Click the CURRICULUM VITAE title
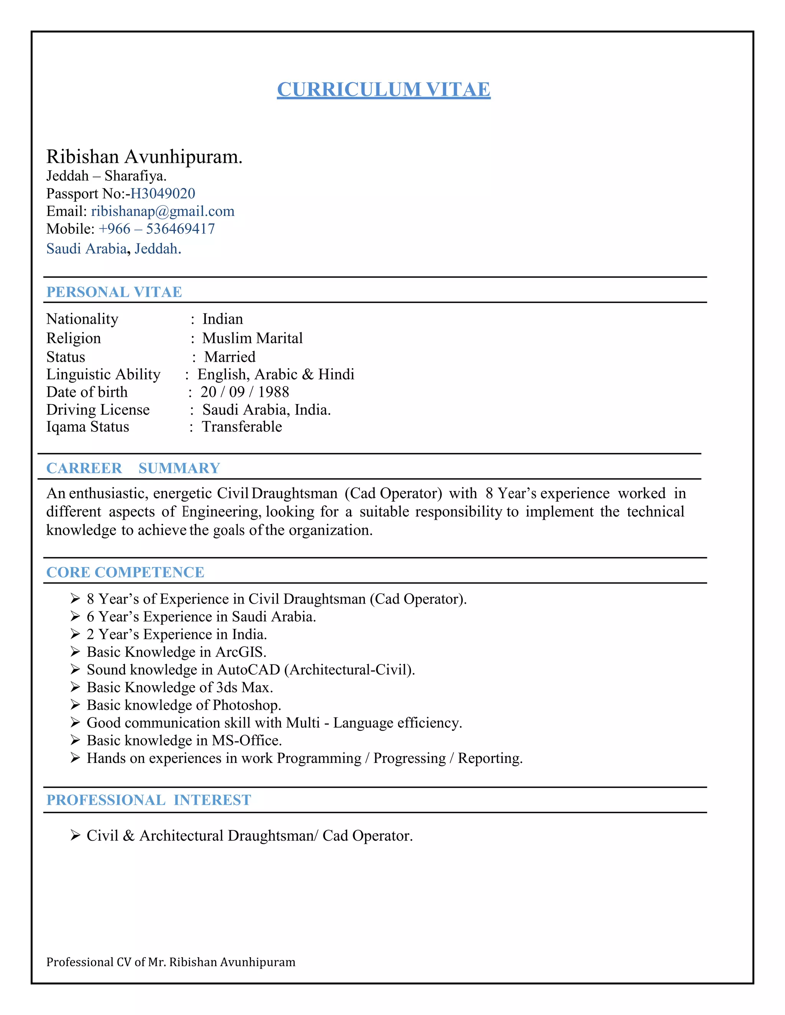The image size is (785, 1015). point(384,89)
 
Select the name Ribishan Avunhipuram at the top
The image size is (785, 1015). point(144,157)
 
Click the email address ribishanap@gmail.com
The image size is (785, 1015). point(163,211)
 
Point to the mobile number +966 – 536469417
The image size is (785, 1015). point(157,229)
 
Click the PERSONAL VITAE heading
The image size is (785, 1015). point(114,292)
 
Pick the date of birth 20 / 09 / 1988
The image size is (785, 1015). point(245,392)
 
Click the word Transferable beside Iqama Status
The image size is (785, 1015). point(242,427)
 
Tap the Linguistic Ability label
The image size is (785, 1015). point(103,374)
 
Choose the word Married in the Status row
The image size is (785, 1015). point(230,357)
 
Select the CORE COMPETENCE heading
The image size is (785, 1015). point(125,572)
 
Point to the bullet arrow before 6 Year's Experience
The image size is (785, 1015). point(76,616)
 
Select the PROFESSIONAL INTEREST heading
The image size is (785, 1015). point(149,800)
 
